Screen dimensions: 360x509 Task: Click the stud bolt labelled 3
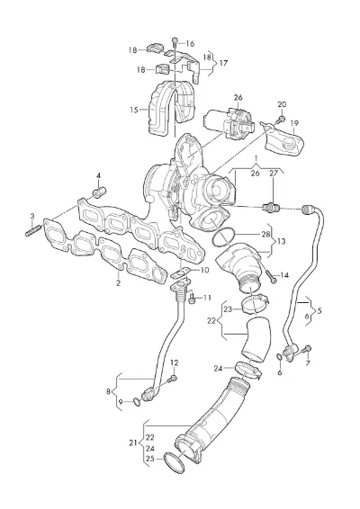pos(32,230)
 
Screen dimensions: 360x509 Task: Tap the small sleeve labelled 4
pos(99,192)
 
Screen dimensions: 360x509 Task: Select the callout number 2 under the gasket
pos(118,282)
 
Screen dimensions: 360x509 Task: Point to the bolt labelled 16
pos(175,41)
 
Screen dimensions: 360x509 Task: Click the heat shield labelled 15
pos(173,109)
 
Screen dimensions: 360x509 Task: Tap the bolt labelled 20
pos(280,120)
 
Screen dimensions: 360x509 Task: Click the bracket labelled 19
pos(283,138)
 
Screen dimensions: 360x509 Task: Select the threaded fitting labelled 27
pos(270,206)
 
